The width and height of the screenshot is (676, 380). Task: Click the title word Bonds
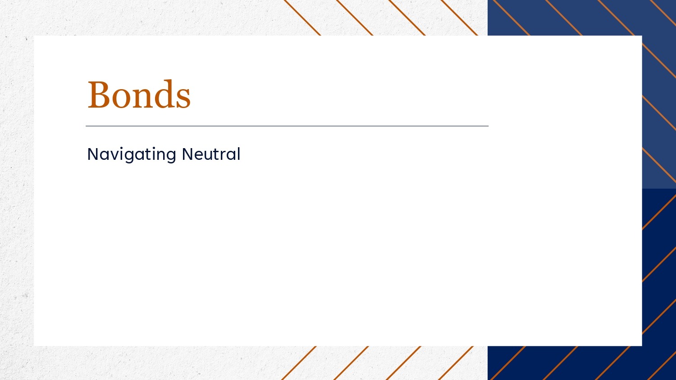(x=139, y=94)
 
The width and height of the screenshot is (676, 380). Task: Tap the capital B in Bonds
(x=99, y=95)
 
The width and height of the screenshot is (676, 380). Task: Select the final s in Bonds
(x=183, y=99)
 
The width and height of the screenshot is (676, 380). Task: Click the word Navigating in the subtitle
(x=132, y=155)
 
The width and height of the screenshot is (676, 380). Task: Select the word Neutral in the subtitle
(x=211, y=154)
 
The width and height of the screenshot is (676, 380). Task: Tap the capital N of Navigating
(x=93, y=154)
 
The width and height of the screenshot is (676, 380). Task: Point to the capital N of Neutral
(x=188, y=154)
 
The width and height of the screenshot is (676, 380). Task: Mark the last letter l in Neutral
(x=239, y=154)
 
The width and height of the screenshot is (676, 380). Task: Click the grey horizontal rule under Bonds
(x=287, y=126)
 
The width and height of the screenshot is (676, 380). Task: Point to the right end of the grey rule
(x=488, y=126)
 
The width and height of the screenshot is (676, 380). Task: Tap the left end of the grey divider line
(x=86, y=126)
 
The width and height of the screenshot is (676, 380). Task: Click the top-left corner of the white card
(x=34, y=36)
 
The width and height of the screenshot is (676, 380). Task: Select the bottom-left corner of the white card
(x=34, y=346)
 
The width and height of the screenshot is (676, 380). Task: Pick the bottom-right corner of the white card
(x=642, y=346)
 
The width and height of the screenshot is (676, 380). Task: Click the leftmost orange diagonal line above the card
(x=302, y=18)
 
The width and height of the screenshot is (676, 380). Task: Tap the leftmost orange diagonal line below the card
(x=299, y=363)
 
